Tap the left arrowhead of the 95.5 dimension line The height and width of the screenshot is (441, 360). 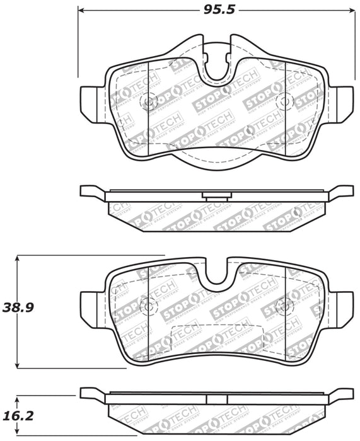click(81, 11)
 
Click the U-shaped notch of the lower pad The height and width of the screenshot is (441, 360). click(219, 270)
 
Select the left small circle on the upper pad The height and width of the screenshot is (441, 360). click(149, 101)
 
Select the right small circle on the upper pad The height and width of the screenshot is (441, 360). click(284, 101)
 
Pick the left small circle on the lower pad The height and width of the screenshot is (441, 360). click(149, 306)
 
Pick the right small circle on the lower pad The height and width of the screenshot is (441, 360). click(285, 306)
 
